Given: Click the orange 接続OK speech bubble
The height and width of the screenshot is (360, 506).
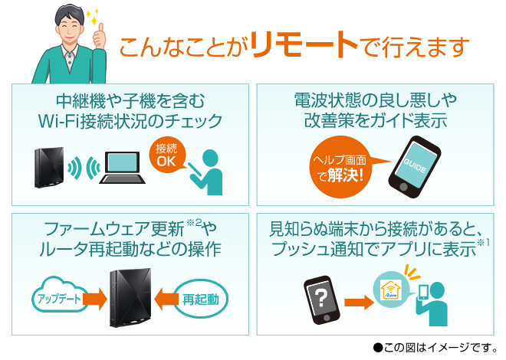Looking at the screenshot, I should click(x=166, y=155).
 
